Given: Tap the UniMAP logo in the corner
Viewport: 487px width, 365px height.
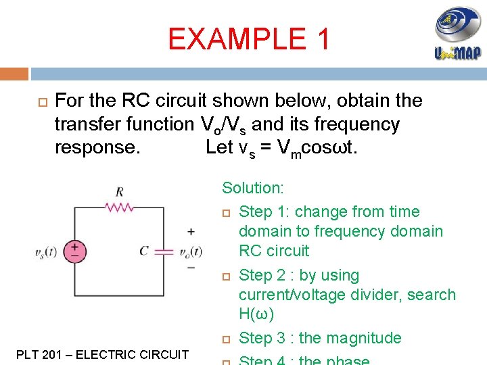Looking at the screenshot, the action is click(457, 34).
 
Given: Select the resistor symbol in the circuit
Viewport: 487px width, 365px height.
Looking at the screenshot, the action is click(119, 206).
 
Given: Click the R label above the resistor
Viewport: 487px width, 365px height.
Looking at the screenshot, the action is click(119, 192).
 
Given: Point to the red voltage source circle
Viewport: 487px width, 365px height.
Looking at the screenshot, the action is click(74, 251).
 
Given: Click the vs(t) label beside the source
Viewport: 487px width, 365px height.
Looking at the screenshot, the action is click(48, 253).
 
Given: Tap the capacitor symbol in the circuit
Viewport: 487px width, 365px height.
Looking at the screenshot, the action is click(164, 251).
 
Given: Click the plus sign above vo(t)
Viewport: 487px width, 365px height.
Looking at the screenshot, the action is click(191, 233).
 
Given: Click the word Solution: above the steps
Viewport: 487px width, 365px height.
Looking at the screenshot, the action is click(253, 188).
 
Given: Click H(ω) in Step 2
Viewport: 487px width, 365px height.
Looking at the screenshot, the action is click(256, 314).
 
